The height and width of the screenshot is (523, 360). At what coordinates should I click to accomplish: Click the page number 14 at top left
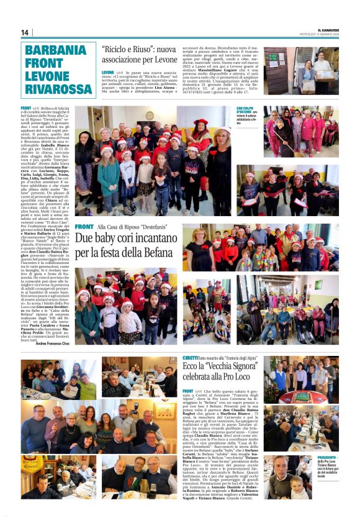[25, 32]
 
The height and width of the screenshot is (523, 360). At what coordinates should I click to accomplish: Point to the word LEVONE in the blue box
[47, 76]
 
